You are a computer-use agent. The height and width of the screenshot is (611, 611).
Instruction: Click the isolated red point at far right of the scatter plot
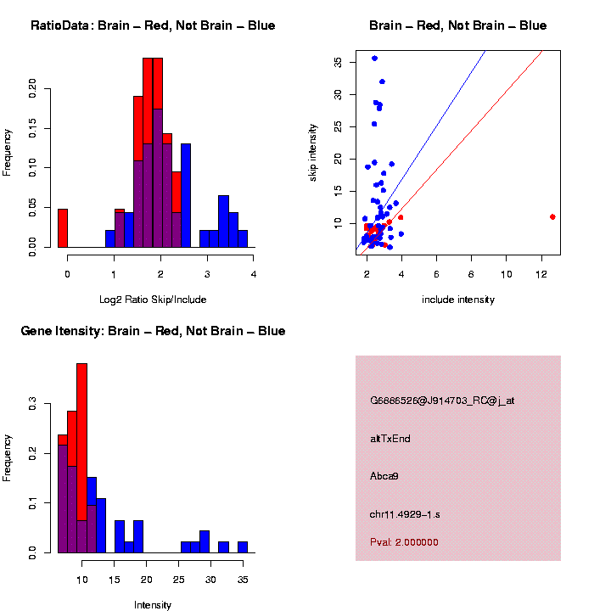(552, 216)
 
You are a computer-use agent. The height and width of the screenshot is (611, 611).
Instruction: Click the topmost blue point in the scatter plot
(374, 58)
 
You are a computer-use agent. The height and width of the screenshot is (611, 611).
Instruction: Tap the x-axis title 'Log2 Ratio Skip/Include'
(153, 300)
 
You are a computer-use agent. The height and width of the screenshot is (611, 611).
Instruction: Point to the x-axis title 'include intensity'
(458, 300)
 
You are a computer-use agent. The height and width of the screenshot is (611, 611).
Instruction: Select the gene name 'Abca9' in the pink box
(384, 476)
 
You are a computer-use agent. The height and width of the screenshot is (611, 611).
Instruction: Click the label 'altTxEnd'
(390, 439)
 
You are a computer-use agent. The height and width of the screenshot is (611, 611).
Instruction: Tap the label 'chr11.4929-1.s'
(405, 514)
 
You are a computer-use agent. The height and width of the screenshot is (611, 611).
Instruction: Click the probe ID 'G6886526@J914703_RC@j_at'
(441, 401)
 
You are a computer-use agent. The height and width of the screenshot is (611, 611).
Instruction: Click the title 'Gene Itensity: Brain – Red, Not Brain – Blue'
(153, 331)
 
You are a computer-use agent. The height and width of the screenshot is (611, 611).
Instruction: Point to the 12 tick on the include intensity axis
(541, 274)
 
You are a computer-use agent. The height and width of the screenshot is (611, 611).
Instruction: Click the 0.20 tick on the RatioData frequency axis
(34, 87)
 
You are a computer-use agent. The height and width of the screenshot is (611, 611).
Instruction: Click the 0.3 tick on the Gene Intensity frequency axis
(34, 406)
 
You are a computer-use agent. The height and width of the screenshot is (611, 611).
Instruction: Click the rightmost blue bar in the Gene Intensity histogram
(242, 547)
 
